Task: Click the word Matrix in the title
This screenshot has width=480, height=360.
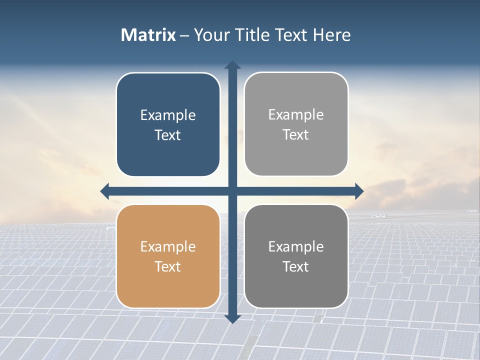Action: tap(148, 35)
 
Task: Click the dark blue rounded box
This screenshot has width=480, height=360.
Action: tap(168, 125)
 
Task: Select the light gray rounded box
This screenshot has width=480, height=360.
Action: tap(296, 124)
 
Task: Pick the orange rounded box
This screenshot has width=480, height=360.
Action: tap(168, 256)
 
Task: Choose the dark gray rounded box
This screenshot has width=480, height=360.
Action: tap(296, 256)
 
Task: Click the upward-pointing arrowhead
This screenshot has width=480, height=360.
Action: tap(232, 65)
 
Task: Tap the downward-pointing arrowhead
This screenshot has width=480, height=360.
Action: tap(232, 318)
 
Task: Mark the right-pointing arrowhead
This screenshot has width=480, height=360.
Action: tap(359, 191)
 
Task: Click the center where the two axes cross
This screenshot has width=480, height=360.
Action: tap(232, 191)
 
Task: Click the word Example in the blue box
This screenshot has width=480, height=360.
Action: tap(168, 115)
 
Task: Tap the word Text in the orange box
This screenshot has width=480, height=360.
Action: tap(168, 266)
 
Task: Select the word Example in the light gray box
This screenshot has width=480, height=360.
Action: tap(296, 115)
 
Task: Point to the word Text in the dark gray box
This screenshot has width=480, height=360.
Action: tap(296, 266)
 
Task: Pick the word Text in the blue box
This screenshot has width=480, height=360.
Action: tap(168, 135)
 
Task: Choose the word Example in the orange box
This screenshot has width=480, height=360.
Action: tap(168, 247)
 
